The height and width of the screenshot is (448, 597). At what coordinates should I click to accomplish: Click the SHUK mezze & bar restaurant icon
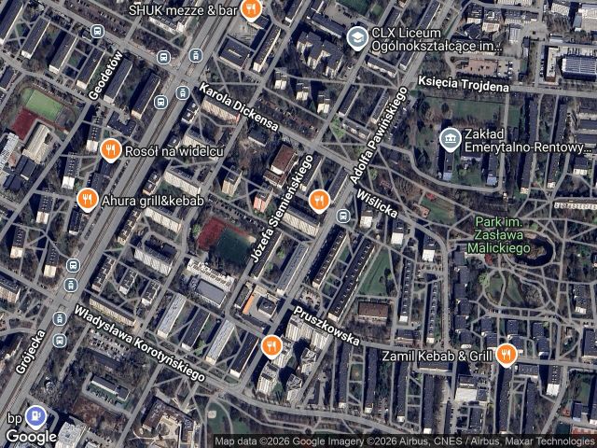(x=250, y=10)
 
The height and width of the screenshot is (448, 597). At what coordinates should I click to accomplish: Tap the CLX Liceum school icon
(x=356, y=37)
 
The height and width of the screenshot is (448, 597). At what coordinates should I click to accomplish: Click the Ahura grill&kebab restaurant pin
(x=87, y=199)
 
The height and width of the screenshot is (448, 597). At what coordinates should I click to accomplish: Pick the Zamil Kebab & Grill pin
(x=506, y=353)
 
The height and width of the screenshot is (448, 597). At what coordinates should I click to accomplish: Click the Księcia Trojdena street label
(x=464, y=85)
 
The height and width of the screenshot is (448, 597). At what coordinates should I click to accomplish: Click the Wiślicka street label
(x=377, y=201)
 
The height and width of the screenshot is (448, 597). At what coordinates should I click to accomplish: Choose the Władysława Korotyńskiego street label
(x=139, y=343)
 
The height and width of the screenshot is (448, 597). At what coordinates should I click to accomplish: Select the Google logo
(x=31, y=436)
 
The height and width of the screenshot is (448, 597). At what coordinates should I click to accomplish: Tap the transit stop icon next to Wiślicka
(x=343, y=217)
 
